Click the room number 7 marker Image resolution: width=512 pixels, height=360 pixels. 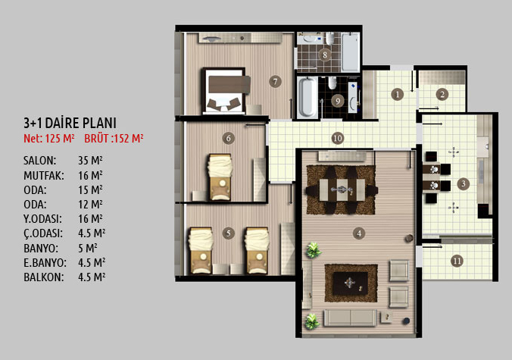click(x=275, y=81)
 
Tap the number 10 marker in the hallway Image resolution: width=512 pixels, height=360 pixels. click(x=337, y=138)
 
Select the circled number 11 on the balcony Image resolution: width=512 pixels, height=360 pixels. click(x=457, y=261)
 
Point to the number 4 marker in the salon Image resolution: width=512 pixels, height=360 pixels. click(x=359, y=233)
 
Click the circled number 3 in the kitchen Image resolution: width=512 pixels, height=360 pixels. click(x=463, y=183)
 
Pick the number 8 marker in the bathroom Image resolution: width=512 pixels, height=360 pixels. click(x=325, y=55)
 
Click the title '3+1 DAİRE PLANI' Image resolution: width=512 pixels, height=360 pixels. click(x=70, y=123)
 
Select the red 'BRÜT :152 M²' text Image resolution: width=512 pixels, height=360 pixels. click(x=114, y=138)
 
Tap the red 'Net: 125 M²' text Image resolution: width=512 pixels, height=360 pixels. click(x=49, y=138)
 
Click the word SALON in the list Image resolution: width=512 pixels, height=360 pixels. click(x=40, y=161)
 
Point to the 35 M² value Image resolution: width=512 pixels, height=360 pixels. click(x=90, y=161)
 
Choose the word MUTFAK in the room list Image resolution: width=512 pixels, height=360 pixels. click(x=44, y=175)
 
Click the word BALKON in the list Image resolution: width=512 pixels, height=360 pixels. click(x=44, y=277)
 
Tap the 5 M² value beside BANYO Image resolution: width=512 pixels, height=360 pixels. click(x=88, y=249)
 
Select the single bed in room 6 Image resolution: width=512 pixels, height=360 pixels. click(x=220, y=177)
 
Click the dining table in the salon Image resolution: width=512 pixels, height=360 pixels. click(x=342, y=189)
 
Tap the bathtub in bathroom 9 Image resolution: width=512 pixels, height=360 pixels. click(x=307, y=97)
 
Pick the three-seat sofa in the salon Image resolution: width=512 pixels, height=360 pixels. click(x=350, y=318)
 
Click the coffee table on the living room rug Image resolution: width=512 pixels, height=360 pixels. click(x=351, y=283)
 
